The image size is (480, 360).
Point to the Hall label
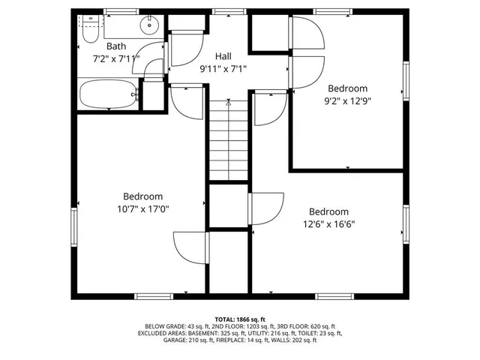pyautogui.click(x=223, y=56)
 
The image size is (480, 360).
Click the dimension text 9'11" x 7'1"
pyautogui.click(x=223, y=69)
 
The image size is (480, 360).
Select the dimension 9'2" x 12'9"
pyautogui.click(x=347, y=100)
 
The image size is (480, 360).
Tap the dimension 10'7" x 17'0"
pyautogui.click(x=142, y=209)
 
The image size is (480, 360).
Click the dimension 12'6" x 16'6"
pyautogui.click(x=328, y=224)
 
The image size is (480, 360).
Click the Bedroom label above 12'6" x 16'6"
pyautogui.click(x=328, y=211)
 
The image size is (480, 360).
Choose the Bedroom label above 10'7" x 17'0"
pyautogui.click(x=142, y=196)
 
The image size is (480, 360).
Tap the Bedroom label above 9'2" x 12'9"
pyautogui.click(x=347, y=87)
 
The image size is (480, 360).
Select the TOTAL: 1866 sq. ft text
pyautogui.click(x=240, y=319)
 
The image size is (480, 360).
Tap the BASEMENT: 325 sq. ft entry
pyautogui.click(x=225, y=333)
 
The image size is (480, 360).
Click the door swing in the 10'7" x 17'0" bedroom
pyautogui.click(x=189, y=247)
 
